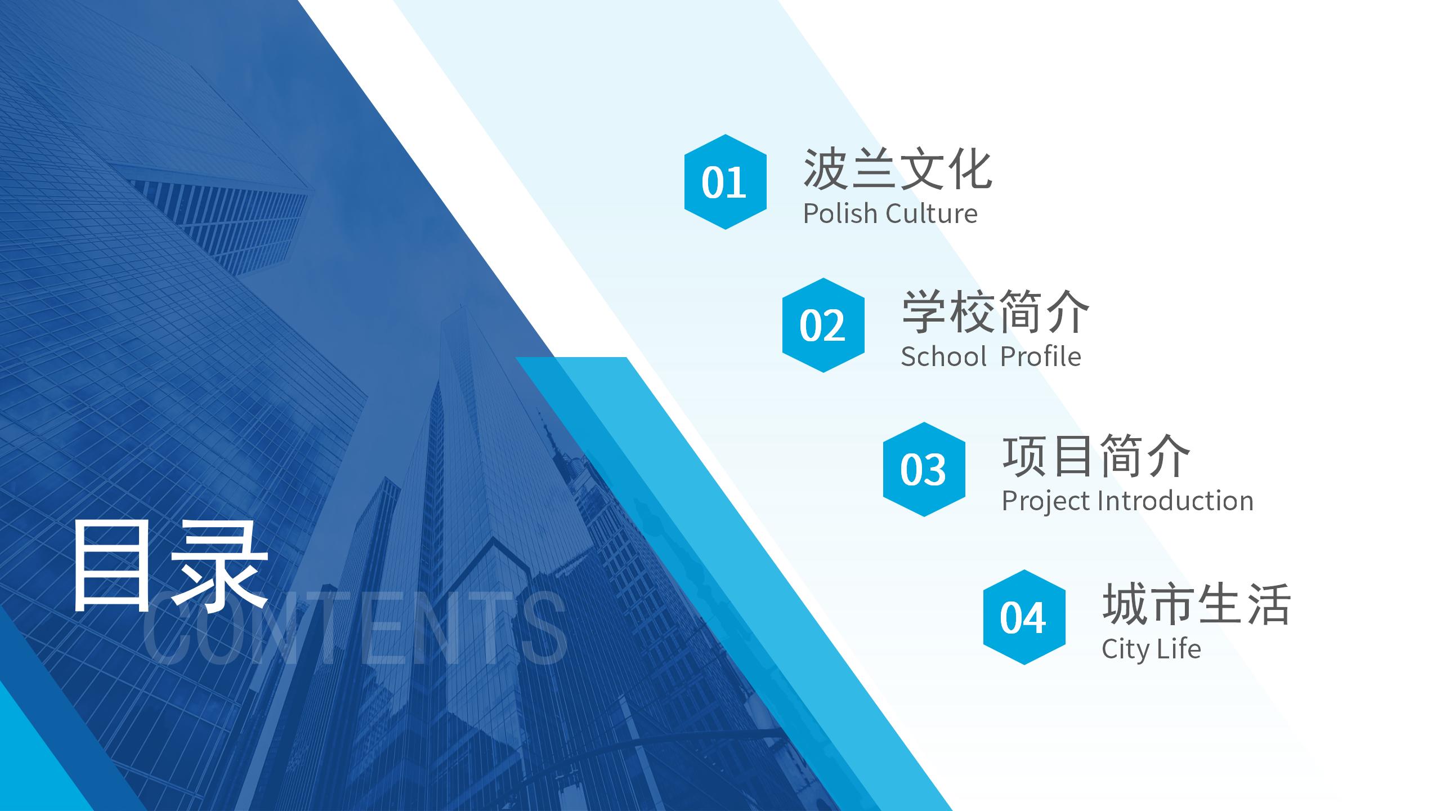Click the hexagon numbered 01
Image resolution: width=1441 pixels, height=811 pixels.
point(725,182)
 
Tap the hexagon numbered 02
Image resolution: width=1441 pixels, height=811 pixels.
point(823,325)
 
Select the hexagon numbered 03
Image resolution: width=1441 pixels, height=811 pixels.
point(924,469)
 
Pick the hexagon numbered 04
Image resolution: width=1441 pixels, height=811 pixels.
point(1024,617)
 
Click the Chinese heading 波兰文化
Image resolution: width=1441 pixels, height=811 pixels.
point(897,168)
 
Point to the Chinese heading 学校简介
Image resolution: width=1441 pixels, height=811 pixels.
point(995,311)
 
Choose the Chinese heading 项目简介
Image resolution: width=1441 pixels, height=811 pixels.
point(1096,456)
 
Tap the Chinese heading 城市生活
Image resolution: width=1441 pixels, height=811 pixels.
point(1196,604)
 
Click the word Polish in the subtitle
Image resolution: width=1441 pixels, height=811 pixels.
point(840,213)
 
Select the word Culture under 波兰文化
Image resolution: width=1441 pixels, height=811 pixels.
point(932,214)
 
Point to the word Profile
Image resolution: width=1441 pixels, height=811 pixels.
point(1041,357)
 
